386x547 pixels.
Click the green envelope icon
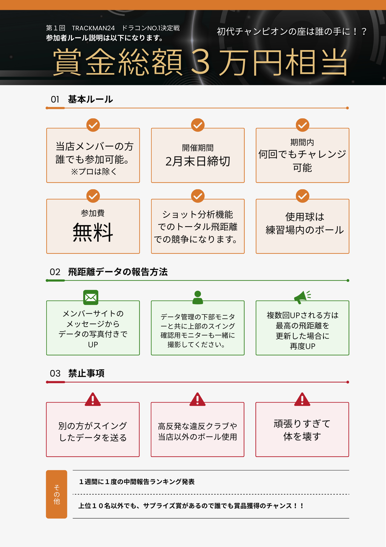pos(91,297)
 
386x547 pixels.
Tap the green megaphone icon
pos(302,297)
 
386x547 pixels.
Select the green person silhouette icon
pos(198,298)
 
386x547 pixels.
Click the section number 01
pos(55,99)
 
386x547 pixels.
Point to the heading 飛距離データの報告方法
pos(118,272)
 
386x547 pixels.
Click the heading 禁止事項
pos(86,373)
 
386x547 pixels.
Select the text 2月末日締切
pos(198,161)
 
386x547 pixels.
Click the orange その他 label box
pos(56,494)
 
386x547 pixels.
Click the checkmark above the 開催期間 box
pos(198,125)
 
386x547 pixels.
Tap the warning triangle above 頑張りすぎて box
pos(302,400)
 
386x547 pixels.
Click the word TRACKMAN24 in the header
pos(93,28)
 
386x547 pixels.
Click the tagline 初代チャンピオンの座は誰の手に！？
pos(292,32)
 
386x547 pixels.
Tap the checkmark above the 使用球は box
pos(303,196)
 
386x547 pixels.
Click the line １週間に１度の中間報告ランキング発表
pos(137,482)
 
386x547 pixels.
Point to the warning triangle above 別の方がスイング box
pos(93,400)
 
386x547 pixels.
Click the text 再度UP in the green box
pos(303,346)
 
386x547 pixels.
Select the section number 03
pos(55,373)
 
